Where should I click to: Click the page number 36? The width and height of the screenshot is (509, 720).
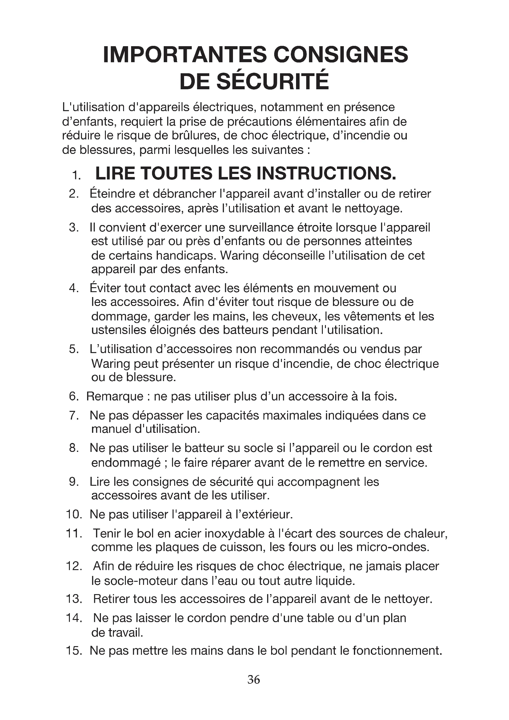(254, 679)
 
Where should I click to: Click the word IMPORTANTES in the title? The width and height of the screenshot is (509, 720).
(185, 54)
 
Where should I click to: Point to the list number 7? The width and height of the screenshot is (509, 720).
(73, 416)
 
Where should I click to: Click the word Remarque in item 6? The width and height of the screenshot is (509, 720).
(115, 396)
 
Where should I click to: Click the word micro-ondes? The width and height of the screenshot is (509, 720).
(392, 547)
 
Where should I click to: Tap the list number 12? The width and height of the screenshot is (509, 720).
(74, 566)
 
